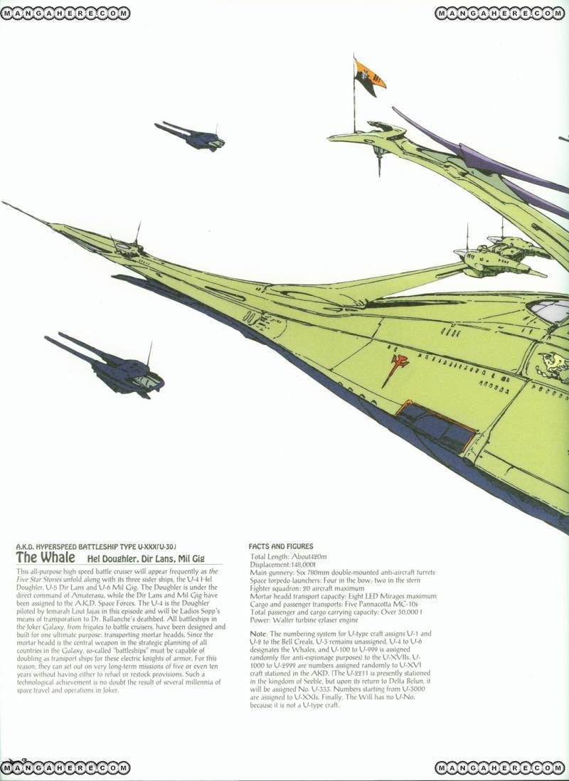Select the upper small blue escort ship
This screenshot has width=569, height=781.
(x=191, y=136)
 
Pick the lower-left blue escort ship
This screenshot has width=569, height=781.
(x=106, y=365)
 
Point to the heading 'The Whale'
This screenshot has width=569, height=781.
(x=46, y=557)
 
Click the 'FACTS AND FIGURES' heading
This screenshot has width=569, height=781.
(x=281, y=546)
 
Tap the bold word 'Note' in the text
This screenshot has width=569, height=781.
(x=258, y=634)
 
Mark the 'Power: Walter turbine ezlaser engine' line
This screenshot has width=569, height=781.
(x=304, y=620)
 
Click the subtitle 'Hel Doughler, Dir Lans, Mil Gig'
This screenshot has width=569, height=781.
(x=146, y=558)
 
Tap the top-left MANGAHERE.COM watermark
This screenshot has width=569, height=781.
(x=65, y=14)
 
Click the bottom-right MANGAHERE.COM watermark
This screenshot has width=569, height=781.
(x=500, y=767)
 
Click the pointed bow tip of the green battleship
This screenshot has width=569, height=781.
(x=3, y=202)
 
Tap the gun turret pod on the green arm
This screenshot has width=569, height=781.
(x=501, y=258)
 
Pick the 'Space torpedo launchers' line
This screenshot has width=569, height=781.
(x=335, y=580)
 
